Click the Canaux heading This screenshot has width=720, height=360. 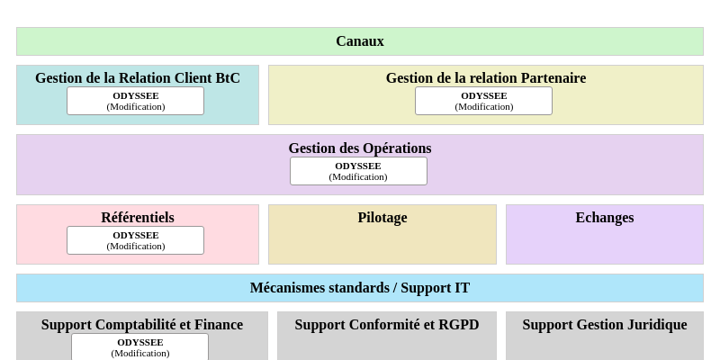(360, 41)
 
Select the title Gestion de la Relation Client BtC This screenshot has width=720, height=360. (138, 78)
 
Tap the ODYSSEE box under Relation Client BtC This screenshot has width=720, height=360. (135, 101)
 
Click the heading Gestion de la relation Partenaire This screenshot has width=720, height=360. (486, 78)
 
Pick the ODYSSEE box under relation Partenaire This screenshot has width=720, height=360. (483, 101)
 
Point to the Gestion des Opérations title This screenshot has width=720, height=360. (360, 148)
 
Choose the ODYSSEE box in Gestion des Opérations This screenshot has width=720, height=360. (358, 171)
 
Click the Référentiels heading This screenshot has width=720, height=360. (138, 218)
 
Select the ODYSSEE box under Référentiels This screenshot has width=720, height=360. (135, 240)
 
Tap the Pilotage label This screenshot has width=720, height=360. (382, 218)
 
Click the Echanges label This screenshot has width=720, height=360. (605, 218)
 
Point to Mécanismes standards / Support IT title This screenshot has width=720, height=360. (360, 288)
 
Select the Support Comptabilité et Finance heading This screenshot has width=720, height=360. (142, 325)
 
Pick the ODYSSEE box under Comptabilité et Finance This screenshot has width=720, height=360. (139, 347)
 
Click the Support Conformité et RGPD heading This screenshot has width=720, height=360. (387, 325)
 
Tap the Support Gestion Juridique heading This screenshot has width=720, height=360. (605, 325)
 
